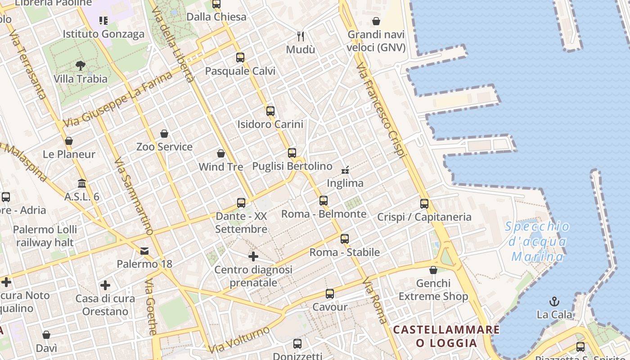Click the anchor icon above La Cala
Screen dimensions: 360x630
554,301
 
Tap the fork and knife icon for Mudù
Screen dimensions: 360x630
301,36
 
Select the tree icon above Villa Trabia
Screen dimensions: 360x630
81,66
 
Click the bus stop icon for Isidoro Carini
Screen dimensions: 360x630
270,111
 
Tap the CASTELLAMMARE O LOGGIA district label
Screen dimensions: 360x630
446,336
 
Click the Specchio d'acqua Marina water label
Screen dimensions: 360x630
538,242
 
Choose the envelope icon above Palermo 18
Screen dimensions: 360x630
144,251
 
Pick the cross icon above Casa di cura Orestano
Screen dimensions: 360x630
105,285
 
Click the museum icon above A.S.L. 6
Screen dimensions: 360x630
82,183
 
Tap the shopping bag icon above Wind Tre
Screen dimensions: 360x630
221,153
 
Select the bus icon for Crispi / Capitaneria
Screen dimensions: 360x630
424,203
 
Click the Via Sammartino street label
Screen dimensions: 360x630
134,196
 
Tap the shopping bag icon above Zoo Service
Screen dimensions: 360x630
164,134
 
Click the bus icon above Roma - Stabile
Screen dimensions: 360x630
345,238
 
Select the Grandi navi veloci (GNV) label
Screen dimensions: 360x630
376,41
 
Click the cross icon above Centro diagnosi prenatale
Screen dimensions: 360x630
253,256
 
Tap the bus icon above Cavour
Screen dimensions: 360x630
330,294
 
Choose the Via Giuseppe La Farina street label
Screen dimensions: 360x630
118,99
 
